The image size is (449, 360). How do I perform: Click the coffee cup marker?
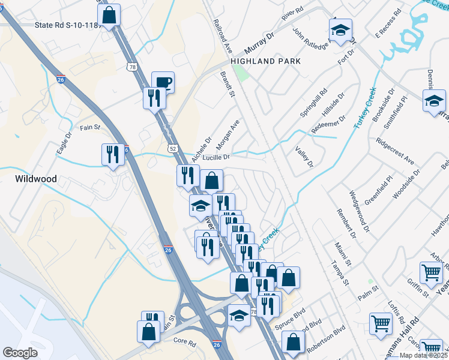click(x=162, y=82)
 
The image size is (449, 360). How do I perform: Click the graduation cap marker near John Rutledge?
click(x=340, y=31)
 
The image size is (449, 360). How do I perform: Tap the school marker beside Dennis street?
click(x=434, y=101)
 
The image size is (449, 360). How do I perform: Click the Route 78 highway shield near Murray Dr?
click(x=131, y=67)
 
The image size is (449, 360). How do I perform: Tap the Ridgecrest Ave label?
click(x=395, y=152)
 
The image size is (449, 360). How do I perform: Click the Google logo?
click(x=20, y=352)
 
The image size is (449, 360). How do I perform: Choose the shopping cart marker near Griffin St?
click(x=431, y=273)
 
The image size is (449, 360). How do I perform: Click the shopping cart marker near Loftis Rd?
click(x=381, y=325)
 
